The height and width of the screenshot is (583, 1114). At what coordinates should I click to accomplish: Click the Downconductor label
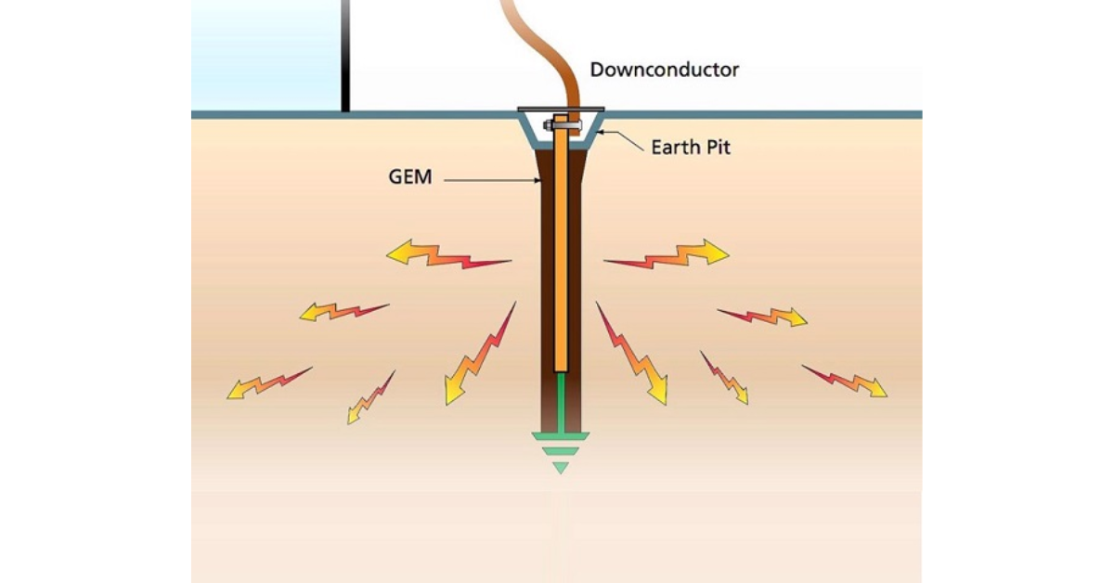(x=665, y=70)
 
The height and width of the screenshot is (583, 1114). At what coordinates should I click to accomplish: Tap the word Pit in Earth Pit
(x=716, y=147)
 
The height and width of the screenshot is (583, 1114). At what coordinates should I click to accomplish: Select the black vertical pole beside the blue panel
(x=345, y=56)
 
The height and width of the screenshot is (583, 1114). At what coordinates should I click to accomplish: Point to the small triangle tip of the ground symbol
(x=560, y=467)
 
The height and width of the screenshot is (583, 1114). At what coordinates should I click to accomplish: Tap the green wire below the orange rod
(x=560, y=399)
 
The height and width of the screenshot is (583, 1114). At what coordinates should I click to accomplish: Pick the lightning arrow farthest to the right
(x=845, y=381)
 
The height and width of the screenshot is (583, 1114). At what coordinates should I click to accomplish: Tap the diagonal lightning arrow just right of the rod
(x=633, y=355)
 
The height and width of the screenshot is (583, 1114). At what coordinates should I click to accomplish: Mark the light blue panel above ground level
(x=265, y=56)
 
